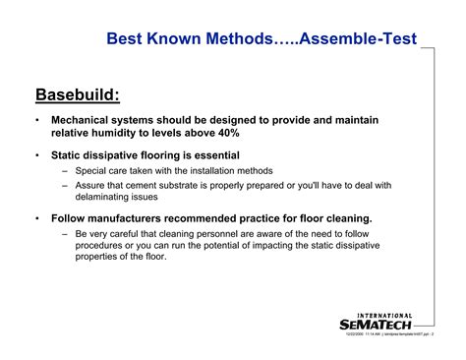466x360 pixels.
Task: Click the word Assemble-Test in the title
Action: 357,40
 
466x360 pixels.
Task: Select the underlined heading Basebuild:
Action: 79,94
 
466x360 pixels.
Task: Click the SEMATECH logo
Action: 376,324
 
